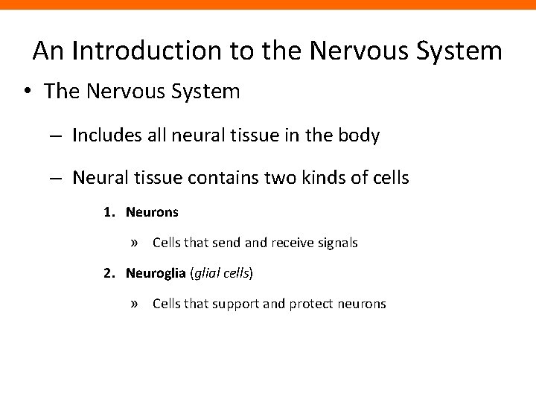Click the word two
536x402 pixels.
(x=289, y=179)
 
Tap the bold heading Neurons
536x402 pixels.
(x=152, y=212)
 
